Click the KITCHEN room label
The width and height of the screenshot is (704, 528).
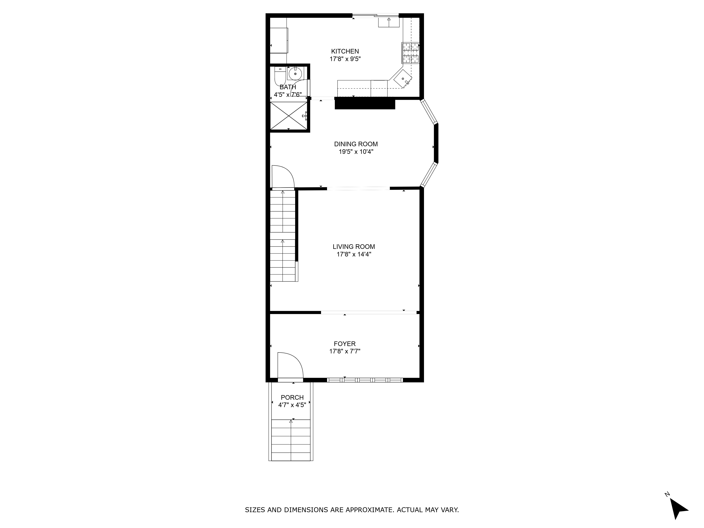click(345, 51)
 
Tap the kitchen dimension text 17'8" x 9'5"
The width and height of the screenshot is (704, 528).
click(345, 59)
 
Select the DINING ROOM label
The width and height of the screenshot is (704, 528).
click(356, 144)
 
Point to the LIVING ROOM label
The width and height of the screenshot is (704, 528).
click(354, 247)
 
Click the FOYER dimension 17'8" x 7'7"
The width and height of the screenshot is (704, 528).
click(345, 351)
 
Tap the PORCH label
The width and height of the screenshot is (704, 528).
click(292, 398)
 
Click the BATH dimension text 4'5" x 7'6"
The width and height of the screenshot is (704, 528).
click(288, 95)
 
